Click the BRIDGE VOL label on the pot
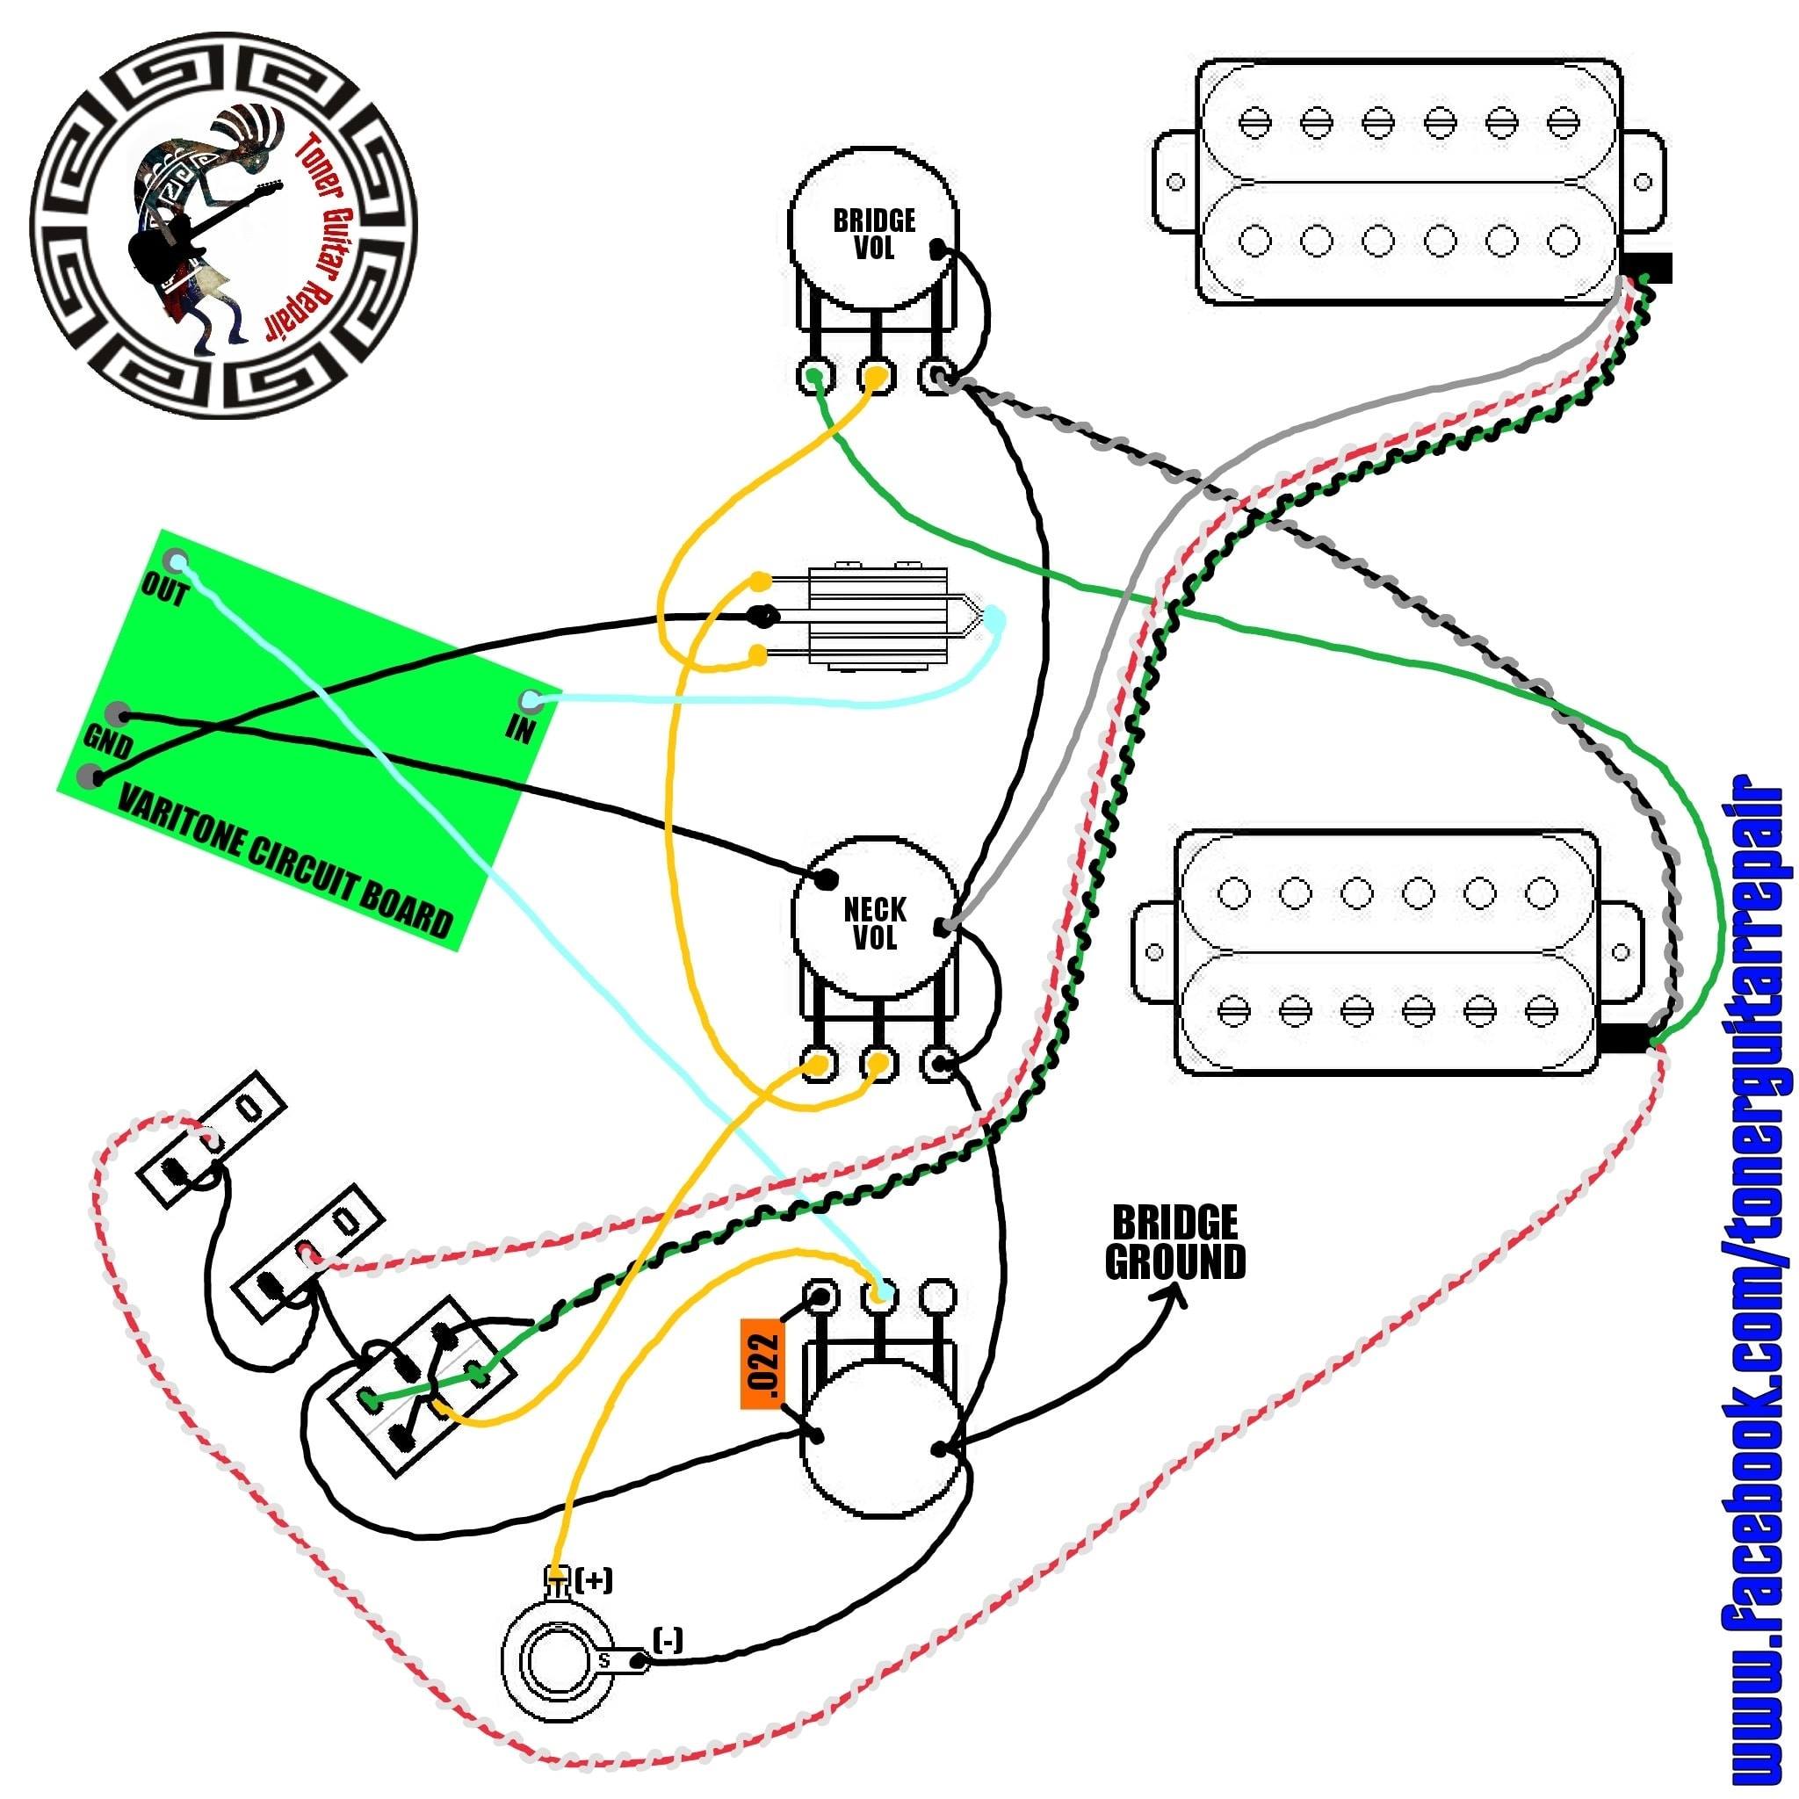click(x=873, y=235)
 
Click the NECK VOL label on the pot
click(x=874, y=923)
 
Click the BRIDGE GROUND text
click(x=1174, y=1243)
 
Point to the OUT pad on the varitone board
click(x=175, y=561)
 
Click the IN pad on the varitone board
click(x=531, y=699)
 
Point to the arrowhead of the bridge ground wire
click(x=1176, y=1294)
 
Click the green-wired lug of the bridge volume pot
click(x=813, y=376)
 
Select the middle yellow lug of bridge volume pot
click(x=875, y=376)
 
